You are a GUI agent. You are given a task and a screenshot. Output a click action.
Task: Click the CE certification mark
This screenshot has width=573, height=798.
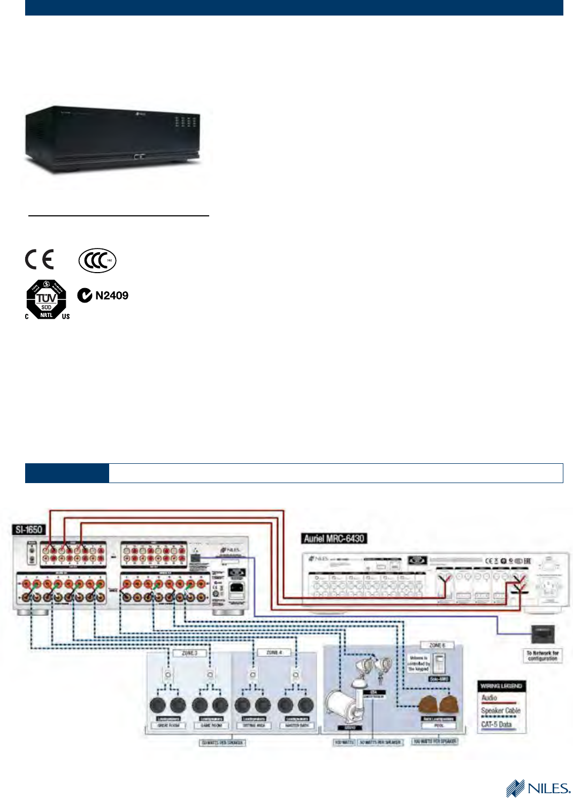pos(40,259)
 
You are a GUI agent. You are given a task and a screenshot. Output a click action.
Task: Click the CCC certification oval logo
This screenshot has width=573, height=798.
pos(97,261)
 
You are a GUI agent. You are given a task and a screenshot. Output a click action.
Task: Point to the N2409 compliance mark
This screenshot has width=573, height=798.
pos(103,296)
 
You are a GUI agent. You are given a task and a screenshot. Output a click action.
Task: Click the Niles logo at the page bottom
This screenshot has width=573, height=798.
pos(538,788)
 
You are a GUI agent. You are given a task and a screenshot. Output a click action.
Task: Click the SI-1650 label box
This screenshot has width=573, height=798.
pos(29,530)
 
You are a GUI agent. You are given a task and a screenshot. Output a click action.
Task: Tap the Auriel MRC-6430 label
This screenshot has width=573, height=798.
pos(334,538)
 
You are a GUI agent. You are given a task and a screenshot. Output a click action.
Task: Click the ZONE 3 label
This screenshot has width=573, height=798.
pos(189,653)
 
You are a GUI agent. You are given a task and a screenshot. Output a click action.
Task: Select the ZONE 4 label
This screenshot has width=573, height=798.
pos(274,652)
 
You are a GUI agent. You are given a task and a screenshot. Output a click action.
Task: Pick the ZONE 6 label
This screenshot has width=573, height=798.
pos(437,645)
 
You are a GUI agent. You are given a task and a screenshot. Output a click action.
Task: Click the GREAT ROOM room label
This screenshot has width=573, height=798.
pos(169,725)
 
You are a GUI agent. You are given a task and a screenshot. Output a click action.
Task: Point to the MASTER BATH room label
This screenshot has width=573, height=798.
pos(297,725)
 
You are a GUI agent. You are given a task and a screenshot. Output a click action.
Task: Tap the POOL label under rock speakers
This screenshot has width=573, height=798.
pos(439,725)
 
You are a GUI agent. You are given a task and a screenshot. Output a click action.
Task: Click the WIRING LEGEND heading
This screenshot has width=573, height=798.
pos(501,686)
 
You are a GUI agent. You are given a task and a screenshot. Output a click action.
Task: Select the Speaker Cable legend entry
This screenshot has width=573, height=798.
pos(500,711)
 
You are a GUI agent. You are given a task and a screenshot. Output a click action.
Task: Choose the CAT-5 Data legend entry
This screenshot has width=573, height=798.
pos(496,724)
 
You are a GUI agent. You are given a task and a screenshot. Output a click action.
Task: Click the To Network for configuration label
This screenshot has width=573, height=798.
pos(543,656)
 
